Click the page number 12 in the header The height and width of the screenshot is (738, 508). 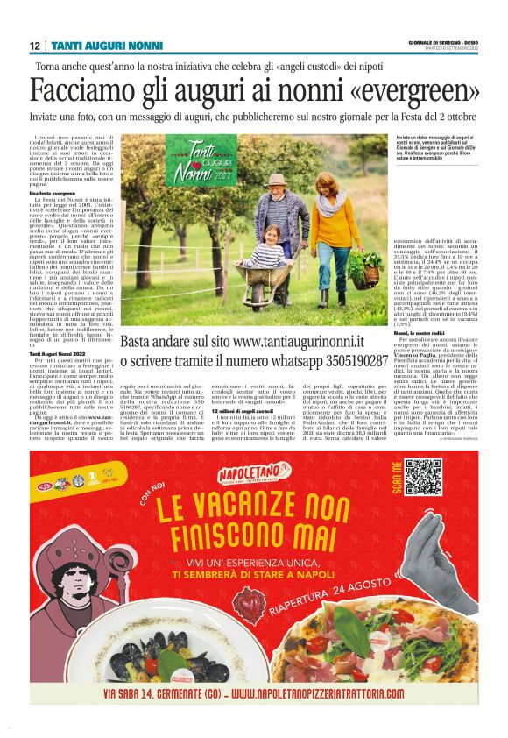[34, 45]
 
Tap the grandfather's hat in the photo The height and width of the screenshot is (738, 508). [273, 180]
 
